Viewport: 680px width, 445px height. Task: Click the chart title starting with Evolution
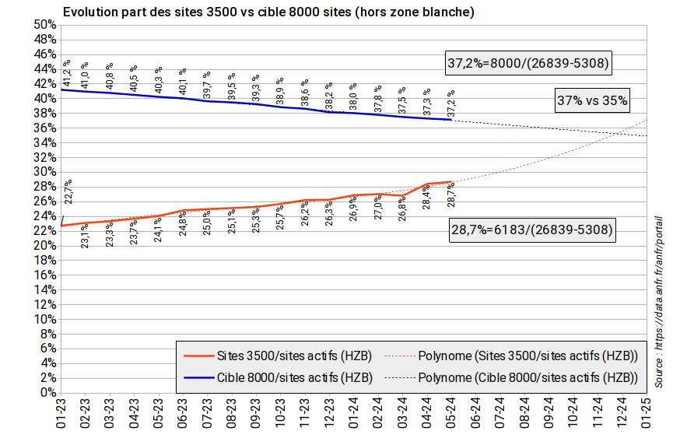(x=268, y=12)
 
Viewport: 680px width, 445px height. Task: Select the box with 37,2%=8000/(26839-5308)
(x=527, y=63)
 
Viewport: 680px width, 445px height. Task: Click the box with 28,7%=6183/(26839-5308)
(x=532, y=230)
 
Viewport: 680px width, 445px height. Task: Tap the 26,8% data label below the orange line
(x=402, y=212)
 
